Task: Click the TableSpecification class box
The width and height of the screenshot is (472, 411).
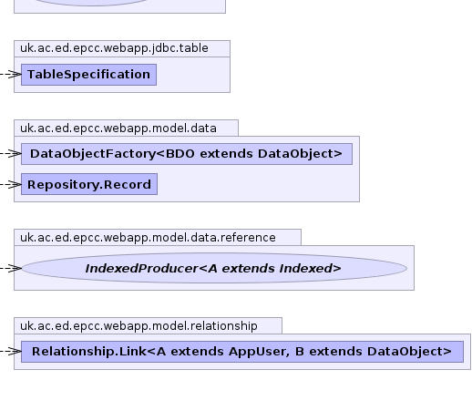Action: click(88, 75)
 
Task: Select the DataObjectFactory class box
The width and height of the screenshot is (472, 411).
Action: click(187, 154)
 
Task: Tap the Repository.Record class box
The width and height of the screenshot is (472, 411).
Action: click(89, 184)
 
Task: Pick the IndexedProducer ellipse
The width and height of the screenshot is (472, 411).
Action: click(214, 268)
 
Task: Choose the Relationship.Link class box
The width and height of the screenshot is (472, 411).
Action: click(242, 352)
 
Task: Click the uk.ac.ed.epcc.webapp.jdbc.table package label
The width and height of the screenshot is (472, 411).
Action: click(114, 48)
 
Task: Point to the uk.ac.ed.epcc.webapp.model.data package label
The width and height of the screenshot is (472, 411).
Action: click(118, 128)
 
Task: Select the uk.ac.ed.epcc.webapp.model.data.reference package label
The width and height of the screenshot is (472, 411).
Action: click(148, 238)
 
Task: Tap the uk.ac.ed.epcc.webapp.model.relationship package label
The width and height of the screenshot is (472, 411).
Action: click(139, 326)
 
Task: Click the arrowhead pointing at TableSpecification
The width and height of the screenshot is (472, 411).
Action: click(15, 75)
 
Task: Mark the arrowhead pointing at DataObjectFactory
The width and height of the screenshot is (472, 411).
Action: click(15, 154)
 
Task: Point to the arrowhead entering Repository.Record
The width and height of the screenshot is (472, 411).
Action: click(15, 184)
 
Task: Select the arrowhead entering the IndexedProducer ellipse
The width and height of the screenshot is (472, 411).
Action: click(15, 268)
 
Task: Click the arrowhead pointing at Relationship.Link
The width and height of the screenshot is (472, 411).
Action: click(15, 352)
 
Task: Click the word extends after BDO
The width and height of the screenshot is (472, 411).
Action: click(226, 154)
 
